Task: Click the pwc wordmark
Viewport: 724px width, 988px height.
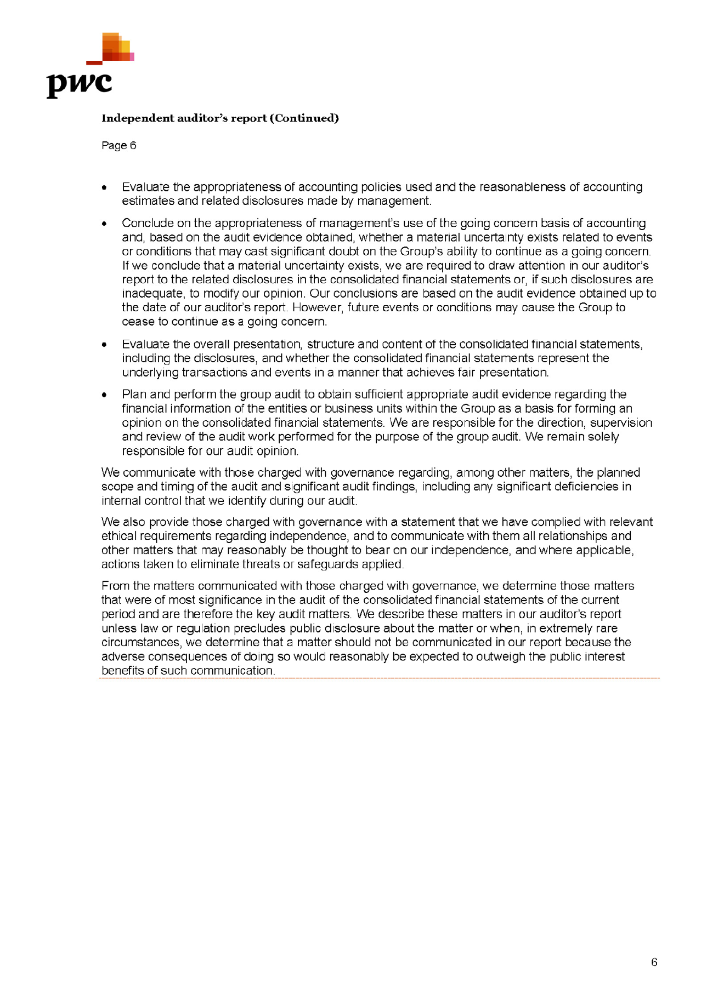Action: click(x=79, y=84)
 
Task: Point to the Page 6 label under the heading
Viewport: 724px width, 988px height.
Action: click(x=118, y=146)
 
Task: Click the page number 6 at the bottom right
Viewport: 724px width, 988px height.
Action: click(x=654, y=962)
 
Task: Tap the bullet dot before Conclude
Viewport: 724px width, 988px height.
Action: click(x=104, y=224)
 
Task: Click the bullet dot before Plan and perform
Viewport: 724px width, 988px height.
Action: click(x=104, y=395)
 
